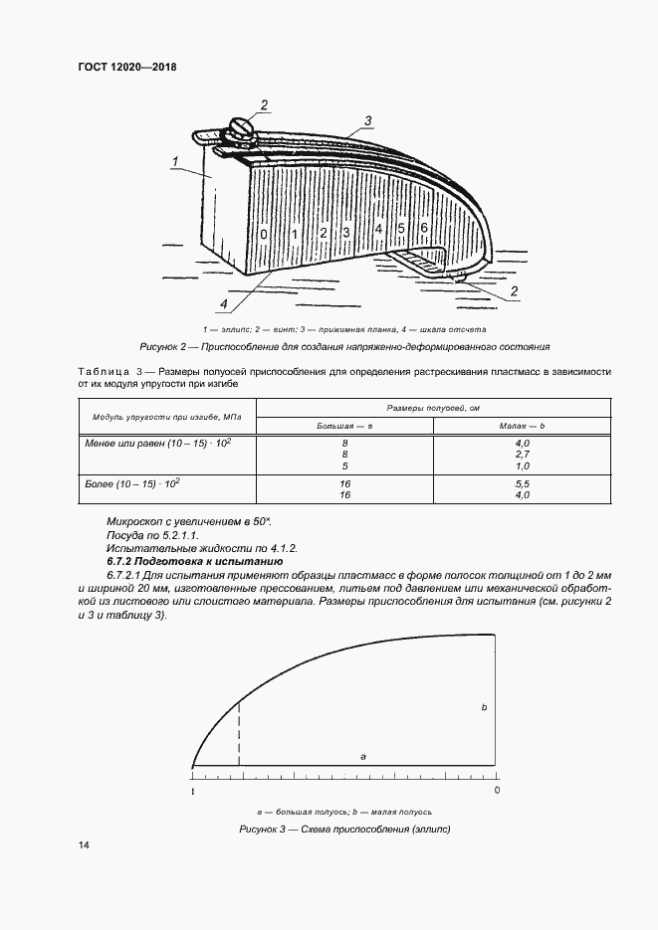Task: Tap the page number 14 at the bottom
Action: [84, 844]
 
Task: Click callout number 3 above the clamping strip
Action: [367, 121]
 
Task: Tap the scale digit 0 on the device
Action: [264, 234]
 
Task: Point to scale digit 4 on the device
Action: [378, 230]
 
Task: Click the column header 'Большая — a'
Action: [343, 425]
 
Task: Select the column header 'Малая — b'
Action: [520, 425]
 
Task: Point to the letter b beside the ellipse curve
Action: [483, 707]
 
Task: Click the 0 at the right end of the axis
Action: [497, 791]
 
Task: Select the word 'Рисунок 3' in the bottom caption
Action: [264, 829]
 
